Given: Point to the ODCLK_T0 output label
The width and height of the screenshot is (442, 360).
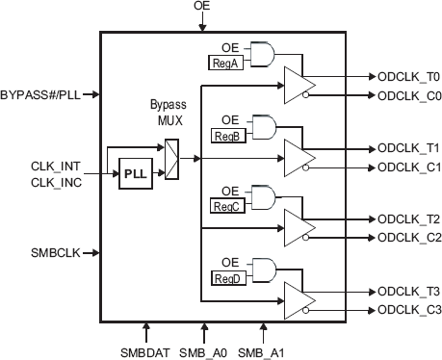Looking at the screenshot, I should (x=408, y=76).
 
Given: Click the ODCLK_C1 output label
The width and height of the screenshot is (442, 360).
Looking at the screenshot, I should (x=408, y=167).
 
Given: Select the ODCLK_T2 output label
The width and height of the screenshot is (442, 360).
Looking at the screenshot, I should (x=408, y=219).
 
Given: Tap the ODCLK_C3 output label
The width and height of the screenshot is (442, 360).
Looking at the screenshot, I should (x=408, y=309).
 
